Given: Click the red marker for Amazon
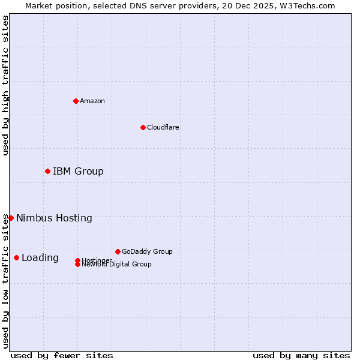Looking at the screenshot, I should (x=76, y=101).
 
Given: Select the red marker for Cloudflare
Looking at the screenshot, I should (x=143, y=127).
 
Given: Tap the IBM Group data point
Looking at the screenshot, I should (x=47, y=172).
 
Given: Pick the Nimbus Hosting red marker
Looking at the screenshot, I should (x=11, y=218).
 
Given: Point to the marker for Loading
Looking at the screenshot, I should (x=16, y=258).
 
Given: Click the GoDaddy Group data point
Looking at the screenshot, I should (x=118, y=251).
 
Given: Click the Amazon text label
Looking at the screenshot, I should (x=92, y=101).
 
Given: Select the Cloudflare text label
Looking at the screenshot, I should (x=163, y=127).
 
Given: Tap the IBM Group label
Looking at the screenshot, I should (x=78, y=172).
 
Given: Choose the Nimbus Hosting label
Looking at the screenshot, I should (x=54, y=218).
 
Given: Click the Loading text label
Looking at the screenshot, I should (x=40, y=258).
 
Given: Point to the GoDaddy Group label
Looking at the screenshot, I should (x=147, y=251).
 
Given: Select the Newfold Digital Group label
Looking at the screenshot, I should (x=117, y=265).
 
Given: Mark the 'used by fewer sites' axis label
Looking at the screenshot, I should (x=62, y=355).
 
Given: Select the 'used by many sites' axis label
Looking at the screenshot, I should (x=301, y=355).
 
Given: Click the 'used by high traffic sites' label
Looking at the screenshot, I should (x=5, y=85).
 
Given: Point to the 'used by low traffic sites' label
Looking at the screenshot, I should (x=5, y=281).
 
